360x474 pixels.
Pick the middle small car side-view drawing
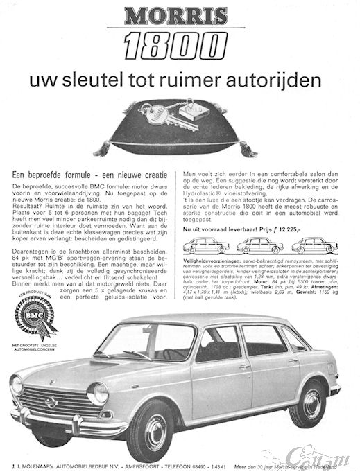coord(259,245)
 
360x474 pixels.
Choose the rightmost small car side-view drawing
coord(314,245)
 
